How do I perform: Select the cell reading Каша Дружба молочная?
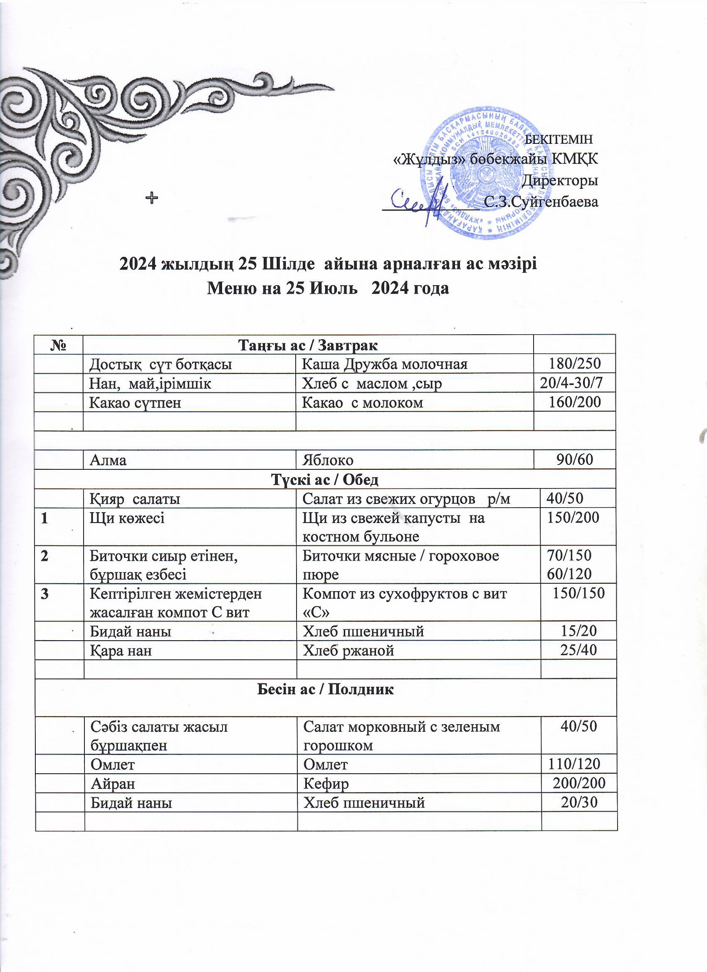pyautogui.click(x=385, y=364)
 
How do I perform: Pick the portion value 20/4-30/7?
pyautogui.click(x=571, y=383)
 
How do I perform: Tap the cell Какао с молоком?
pyautogui.click(x=362, y=402)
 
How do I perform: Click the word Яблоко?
pyautogui.click(x=328, y=460)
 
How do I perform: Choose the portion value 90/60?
pyautogui.click(x=574, y=459)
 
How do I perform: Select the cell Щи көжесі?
pyautogui.click(x=127, y=518)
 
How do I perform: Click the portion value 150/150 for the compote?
pyautogui.click(x=579, y=594)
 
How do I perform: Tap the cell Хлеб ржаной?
pyautogui.click(x=348, y=651)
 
